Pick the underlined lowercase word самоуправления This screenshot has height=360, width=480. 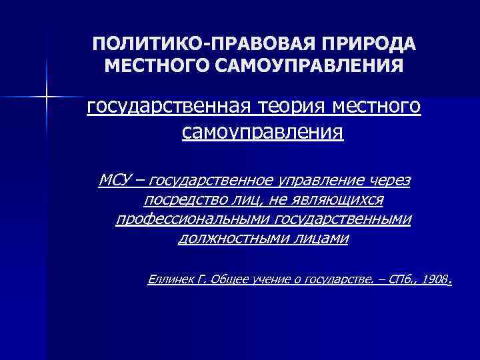click(x=263, y=133)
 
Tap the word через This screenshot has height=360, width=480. click(x=391, y=180)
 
